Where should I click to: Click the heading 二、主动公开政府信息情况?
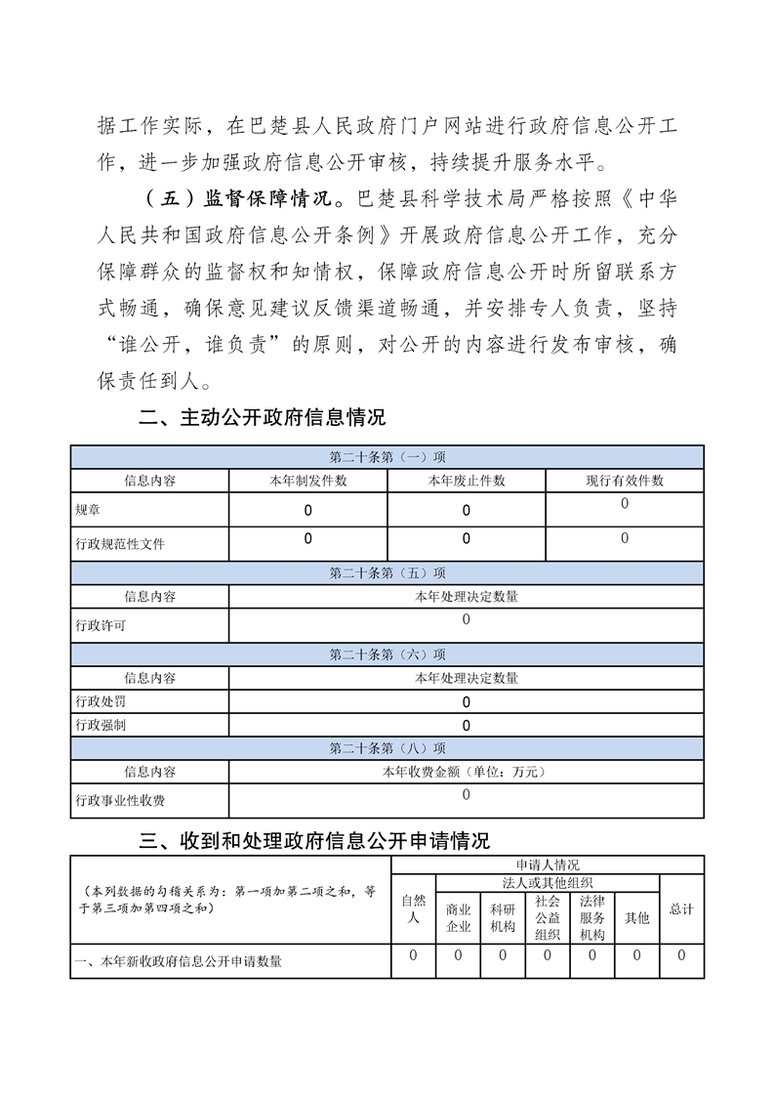point(263,418)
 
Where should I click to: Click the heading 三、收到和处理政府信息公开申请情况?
point(315,840)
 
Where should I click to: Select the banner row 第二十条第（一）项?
point(387,457)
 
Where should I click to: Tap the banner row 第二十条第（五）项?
point(387,573)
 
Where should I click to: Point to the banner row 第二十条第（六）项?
point(387,654)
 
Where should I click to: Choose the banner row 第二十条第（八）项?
point(387,748)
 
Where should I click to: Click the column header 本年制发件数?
point(307,481)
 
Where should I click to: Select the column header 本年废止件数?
point(467,481)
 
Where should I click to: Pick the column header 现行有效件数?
point(625,481)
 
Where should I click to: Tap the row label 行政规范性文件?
point(120,544)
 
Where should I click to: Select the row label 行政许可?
point(101,625)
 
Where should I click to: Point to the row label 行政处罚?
point(101,701)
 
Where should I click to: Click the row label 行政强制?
point(101,725)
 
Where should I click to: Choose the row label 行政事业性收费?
point(120,801)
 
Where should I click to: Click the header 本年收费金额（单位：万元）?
point(466,772)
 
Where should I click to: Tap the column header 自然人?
point(414,909)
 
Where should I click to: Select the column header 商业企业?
point(459,917)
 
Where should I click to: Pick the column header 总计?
point(681,909)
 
